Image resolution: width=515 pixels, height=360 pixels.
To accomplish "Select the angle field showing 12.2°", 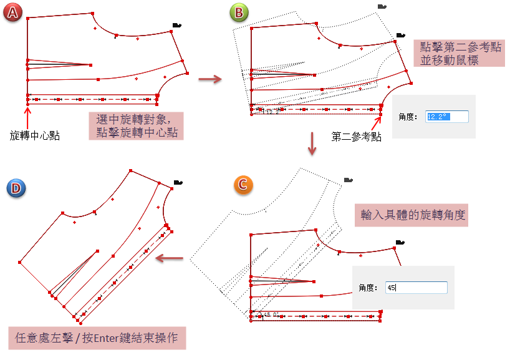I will [446, 116].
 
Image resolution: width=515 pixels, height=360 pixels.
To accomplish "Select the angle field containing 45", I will [416, 288].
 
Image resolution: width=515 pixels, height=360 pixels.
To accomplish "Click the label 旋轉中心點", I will [35, 135].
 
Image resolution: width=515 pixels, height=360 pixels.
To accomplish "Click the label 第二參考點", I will [357, 137].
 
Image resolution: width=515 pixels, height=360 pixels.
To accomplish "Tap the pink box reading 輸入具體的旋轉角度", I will [412, 215].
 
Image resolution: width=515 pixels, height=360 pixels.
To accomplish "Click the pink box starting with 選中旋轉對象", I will [137, 125].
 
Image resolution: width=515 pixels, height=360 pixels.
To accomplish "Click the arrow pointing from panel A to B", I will [210, 79].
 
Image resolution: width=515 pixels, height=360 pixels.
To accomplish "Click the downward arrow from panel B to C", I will [312, 144].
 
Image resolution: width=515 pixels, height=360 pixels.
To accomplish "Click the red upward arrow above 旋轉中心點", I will [27, 117].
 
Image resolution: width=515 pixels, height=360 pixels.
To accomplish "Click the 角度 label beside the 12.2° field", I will [410, 116].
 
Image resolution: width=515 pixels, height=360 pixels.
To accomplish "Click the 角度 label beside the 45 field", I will [370, 288].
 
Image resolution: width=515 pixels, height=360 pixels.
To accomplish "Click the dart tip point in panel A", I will [90, 64].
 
